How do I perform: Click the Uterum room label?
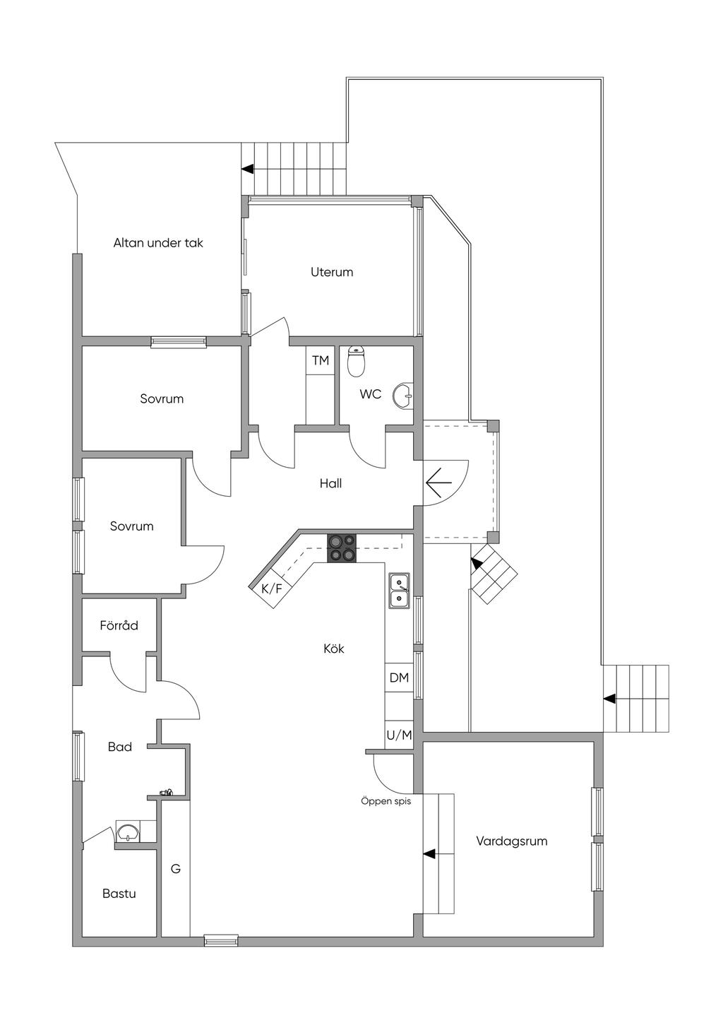click(332, 272)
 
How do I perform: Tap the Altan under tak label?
click(158, 242)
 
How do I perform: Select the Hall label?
click(331, 483)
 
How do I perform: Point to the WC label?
click(370, 394)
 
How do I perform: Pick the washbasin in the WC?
click(403, 394)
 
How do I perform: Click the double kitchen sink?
click(399, 591)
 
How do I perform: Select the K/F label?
click(272, 589)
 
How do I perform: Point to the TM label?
click(321, 360)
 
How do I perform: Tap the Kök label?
click(334, 649)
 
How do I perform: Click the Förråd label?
click(119, 625)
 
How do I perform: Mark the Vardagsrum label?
click(512, 841)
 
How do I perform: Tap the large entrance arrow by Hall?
click(438, 483)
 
